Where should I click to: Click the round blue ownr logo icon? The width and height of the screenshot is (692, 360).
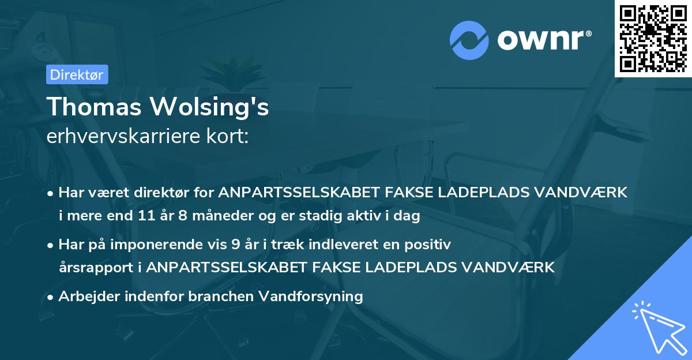(469, 40)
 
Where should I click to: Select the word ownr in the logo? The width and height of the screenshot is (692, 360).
(543, 40)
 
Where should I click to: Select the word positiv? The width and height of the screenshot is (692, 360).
(430, 244)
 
